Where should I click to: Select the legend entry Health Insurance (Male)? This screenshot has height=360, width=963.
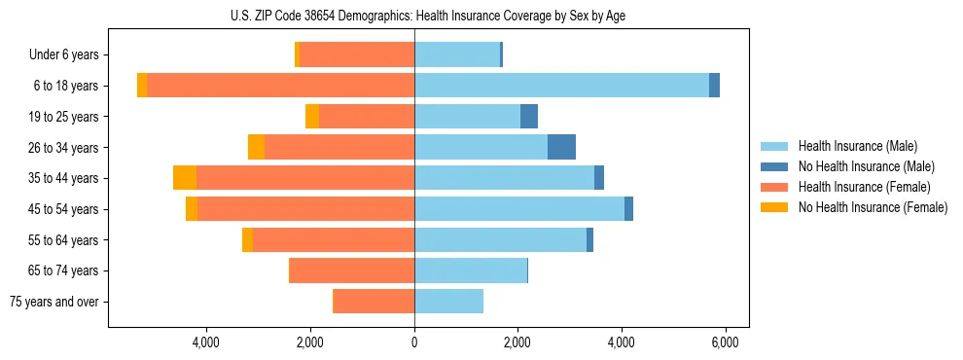(857, 146)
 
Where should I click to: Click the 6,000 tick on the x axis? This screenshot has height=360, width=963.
(725, 342)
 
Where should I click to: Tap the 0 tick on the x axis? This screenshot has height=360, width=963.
(414, 342)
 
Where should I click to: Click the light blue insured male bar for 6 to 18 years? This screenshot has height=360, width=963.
(561, 86)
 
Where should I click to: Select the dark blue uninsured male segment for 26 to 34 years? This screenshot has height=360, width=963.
(561, 147)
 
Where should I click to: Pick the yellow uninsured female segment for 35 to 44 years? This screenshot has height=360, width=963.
(185, 178)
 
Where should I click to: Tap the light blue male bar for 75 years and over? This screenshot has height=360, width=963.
(448, 302)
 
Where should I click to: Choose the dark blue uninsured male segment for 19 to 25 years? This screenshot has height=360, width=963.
(528, 117)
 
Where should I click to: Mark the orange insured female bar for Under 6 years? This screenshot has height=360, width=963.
(357, 55)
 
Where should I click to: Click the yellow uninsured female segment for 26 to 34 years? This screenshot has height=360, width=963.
(256, 147)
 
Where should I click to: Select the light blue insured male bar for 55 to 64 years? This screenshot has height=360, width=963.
(500, 240)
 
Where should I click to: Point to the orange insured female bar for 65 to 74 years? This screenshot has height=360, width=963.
(352, 270)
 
